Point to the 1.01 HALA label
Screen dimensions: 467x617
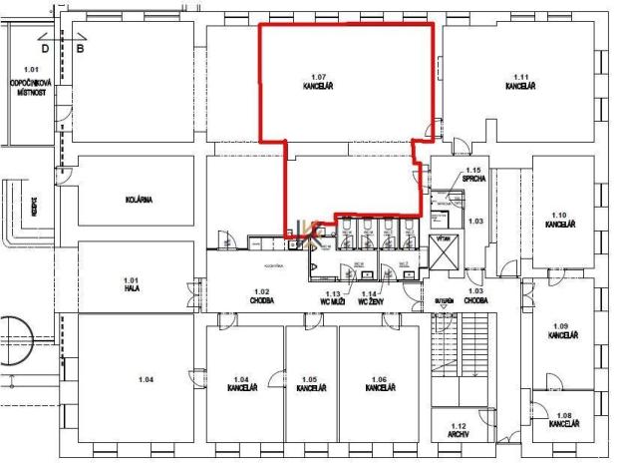pos(131,285)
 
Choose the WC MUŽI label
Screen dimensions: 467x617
pos(332,298)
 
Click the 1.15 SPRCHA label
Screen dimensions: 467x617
pos(472,177)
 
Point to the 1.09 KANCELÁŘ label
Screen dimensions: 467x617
pos(558,331)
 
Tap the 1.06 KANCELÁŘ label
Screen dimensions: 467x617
pos(379,383)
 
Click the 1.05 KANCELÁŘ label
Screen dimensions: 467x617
pos(310,383)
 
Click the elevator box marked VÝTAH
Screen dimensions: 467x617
pos(445,257)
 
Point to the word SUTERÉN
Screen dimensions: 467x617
pos(445,299)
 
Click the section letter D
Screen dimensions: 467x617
pos(44,46)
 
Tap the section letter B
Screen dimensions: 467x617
pos(81,46)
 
